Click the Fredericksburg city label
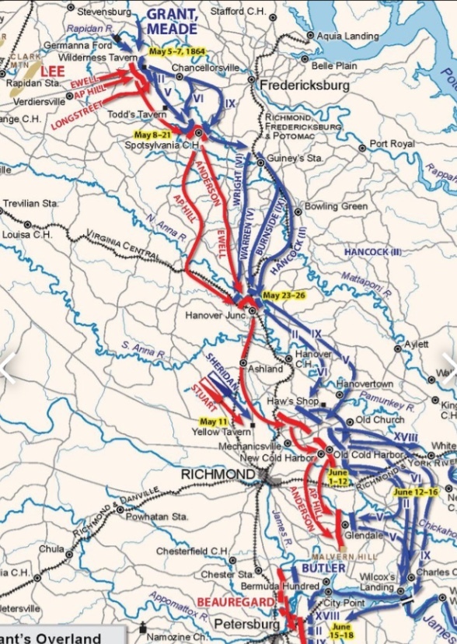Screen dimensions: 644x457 click(305, 86)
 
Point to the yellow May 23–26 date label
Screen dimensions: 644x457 click(284, 296)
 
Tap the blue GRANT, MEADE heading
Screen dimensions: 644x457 click(172, 22)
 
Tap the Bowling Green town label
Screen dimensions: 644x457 click(336, 207)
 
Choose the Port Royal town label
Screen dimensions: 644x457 click(392, 144)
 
